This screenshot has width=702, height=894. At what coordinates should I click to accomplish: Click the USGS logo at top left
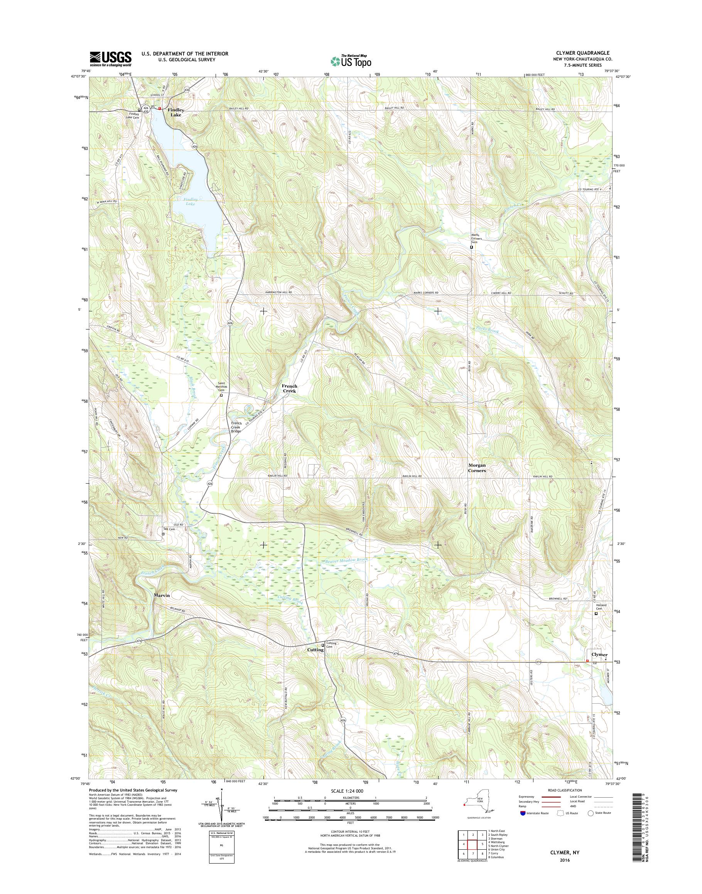point(111,59)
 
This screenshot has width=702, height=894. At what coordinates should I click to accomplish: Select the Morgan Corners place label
point(477,468)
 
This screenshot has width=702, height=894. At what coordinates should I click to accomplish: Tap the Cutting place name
point(315,650)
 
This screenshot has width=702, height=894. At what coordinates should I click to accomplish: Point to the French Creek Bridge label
point(236,427)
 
